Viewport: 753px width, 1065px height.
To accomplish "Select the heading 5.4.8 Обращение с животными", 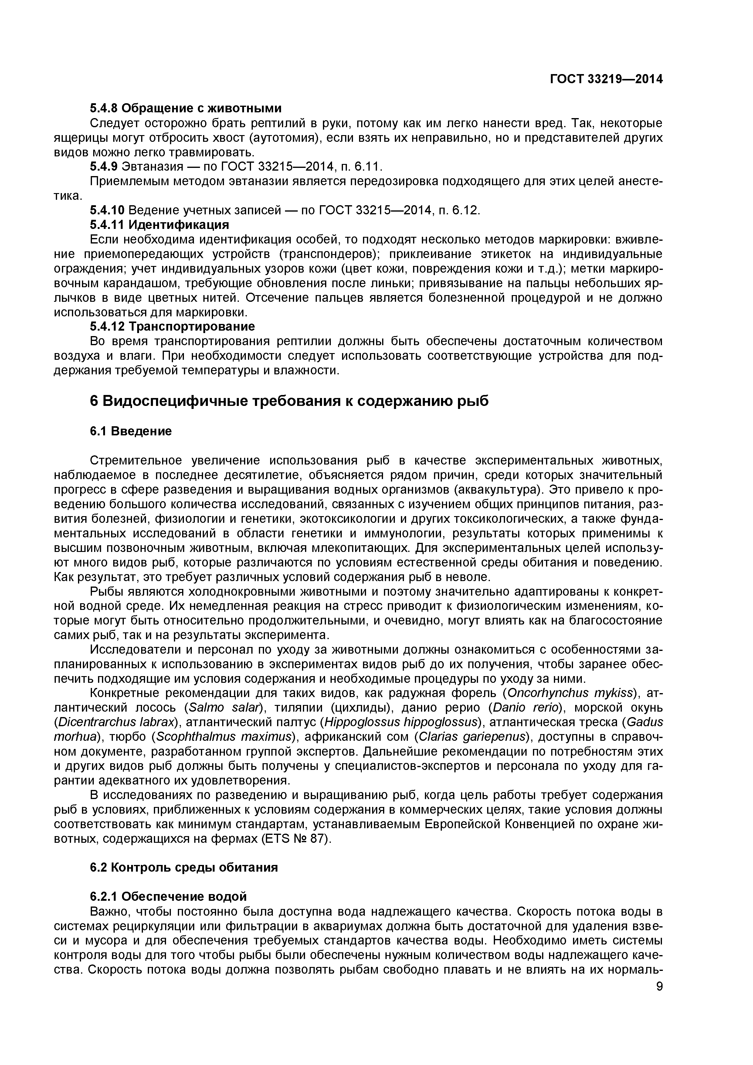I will pyautogui.click(x=185, y=108).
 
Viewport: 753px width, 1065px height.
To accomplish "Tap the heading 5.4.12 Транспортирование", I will pyautogui.click(x=172, y=327).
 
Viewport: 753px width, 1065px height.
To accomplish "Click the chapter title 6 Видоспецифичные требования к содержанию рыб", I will pyautogui.click(x=289, y=401).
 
